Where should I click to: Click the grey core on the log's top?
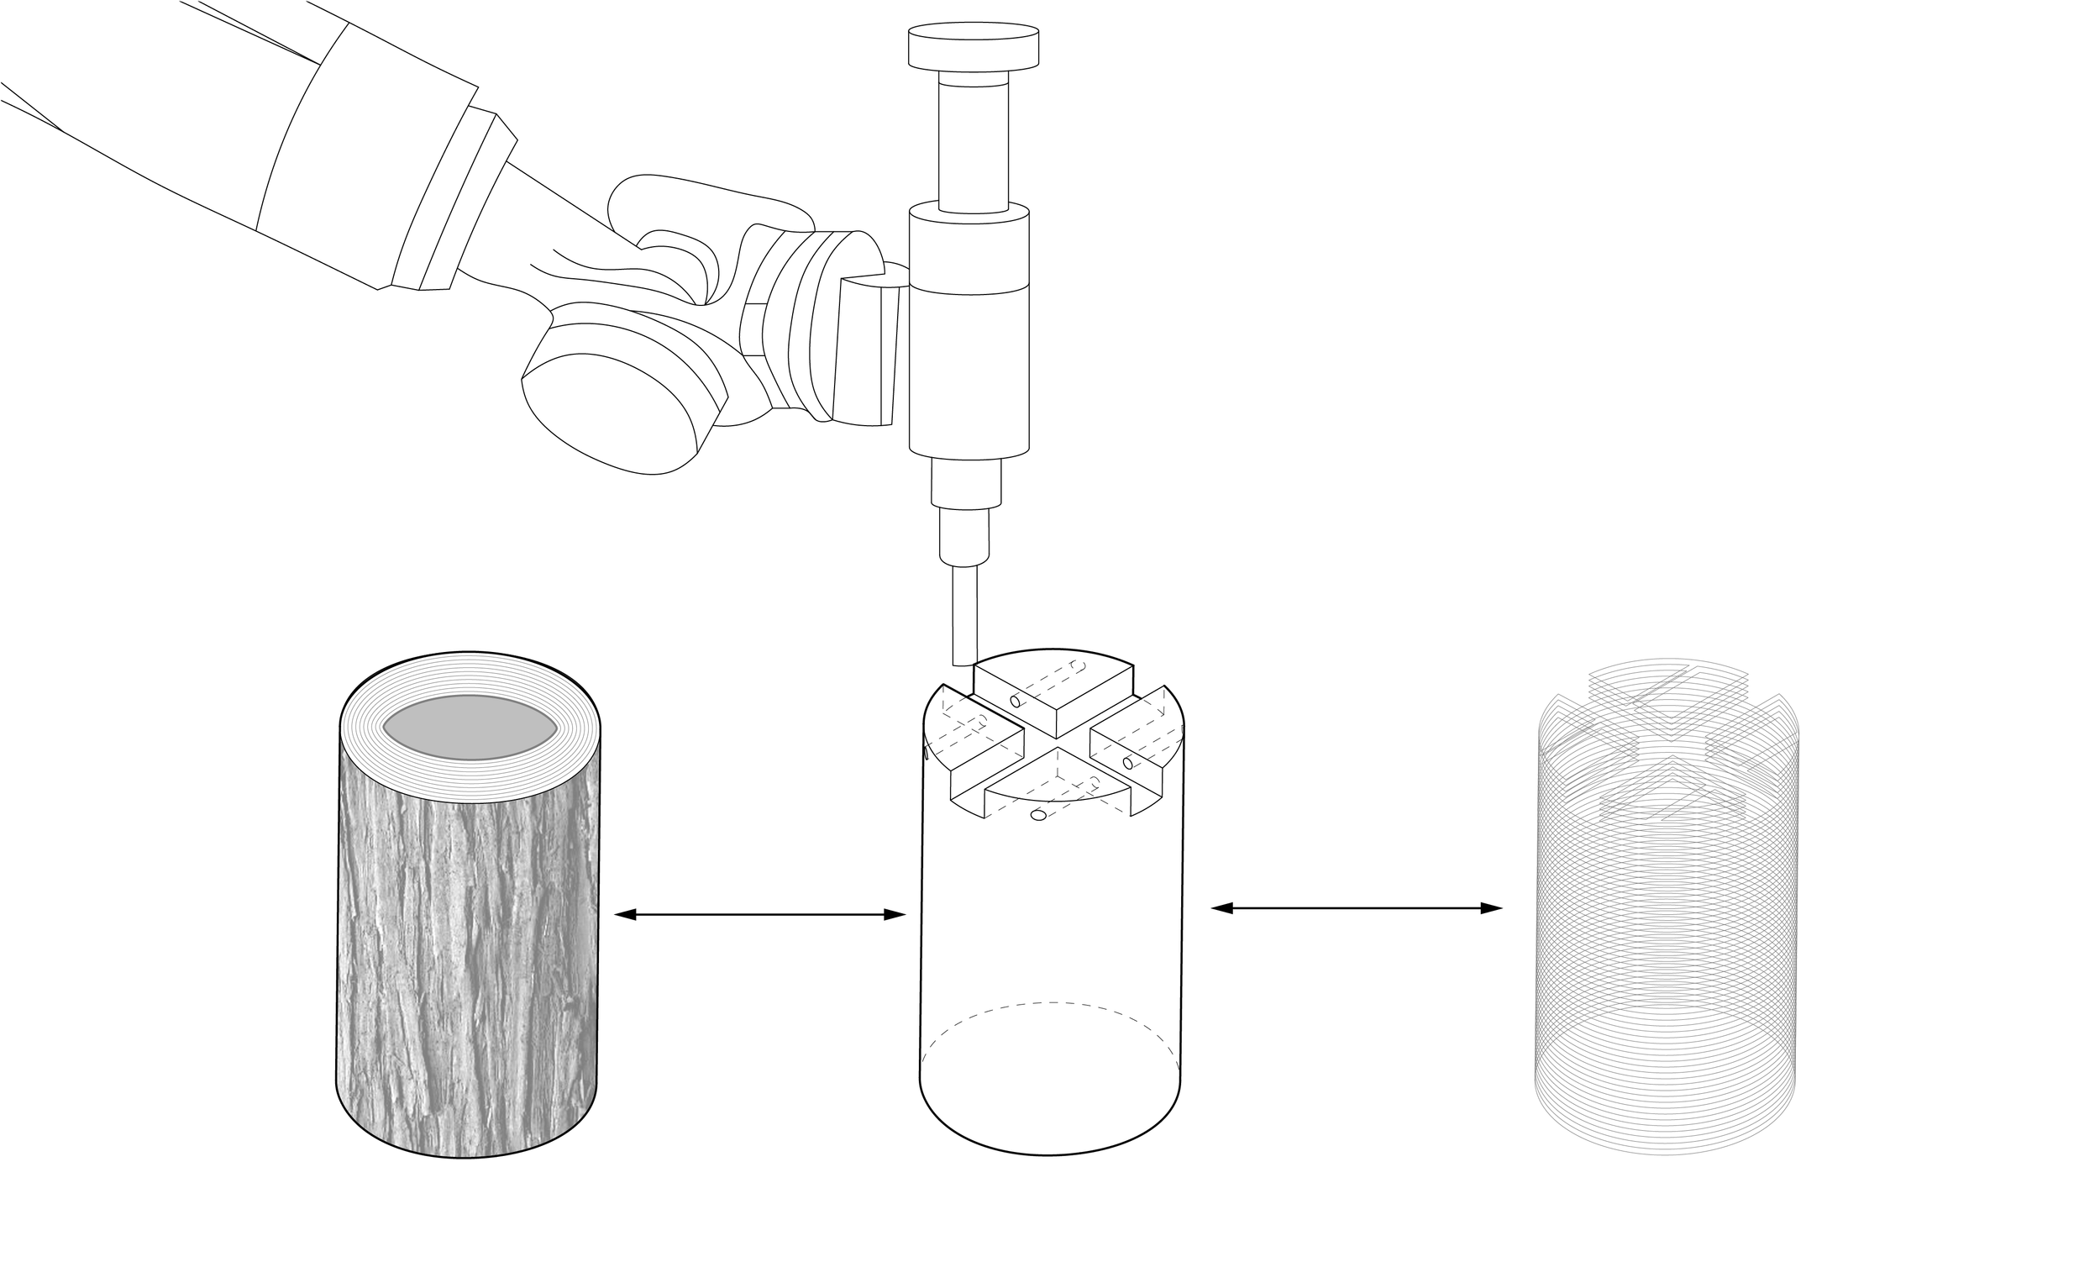470,728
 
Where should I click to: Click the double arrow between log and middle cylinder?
759,915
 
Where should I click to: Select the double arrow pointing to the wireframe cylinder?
1356,908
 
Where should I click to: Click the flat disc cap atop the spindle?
974,47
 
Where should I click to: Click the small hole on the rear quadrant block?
1016,702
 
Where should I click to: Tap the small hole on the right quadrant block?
1128,762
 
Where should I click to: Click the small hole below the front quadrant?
1037,815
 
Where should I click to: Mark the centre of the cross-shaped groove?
1057,749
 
